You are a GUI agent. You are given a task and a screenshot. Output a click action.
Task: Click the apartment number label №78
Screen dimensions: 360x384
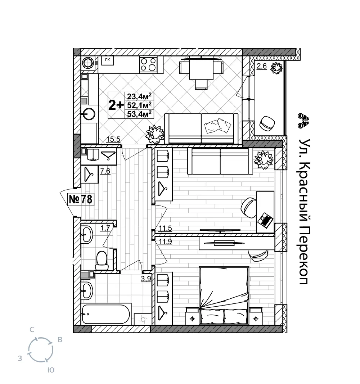tap(81, 199)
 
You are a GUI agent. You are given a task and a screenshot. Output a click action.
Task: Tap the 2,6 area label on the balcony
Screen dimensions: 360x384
tap(262, 66)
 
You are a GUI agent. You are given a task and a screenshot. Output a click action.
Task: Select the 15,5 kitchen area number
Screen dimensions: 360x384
tap(113, 139)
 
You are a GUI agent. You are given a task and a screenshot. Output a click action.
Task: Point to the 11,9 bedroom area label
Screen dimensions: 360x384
tap(166, 242)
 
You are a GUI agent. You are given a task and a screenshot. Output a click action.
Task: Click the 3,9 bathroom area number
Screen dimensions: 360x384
tap(146, 279)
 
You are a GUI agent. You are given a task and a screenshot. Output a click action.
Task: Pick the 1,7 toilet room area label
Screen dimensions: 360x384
tap(105, 228)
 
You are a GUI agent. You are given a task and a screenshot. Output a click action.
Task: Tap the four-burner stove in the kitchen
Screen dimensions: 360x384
tap(148, 65)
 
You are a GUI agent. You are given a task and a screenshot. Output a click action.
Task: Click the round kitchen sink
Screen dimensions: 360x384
tap(89, 114)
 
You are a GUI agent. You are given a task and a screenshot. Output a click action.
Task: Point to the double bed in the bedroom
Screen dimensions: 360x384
tap(224, 295)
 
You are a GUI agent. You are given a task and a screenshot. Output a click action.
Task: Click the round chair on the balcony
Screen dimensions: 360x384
tap(267, 122)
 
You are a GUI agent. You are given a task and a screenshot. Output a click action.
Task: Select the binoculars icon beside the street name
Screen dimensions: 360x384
tap(303, 121)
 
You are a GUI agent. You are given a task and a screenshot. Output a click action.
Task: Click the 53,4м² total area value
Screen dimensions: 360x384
tap(139, 114)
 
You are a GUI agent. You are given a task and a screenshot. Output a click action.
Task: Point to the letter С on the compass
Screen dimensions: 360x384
tap(32, 330)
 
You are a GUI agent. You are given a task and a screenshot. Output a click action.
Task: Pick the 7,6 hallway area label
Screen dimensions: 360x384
tap(105, 171)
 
